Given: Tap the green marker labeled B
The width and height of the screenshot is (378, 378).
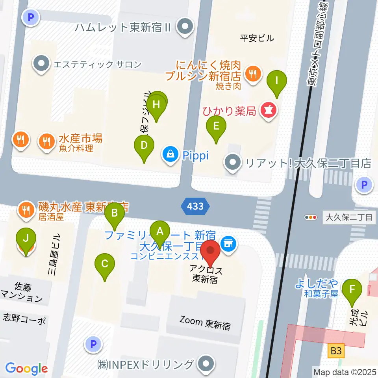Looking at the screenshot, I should tap(115, 213).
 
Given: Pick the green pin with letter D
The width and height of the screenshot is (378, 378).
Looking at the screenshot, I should tap(144, 145).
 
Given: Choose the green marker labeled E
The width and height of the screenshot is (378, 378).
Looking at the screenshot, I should tap(216, 126).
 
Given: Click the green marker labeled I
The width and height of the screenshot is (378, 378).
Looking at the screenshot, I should tap(276, 81).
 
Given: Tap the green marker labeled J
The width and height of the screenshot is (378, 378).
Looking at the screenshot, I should tap(26, 238).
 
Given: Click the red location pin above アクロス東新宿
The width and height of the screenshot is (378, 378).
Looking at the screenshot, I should tap(211, 250).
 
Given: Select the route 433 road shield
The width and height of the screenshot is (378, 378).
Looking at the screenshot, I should tap(195, 206).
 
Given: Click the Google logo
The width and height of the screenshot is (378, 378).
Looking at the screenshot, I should tap(27, 368).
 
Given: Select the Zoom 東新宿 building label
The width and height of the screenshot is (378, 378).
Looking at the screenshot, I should tap(205, 323).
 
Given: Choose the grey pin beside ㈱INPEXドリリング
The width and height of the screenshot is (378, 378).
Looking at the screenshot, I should tap(206, 364).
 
